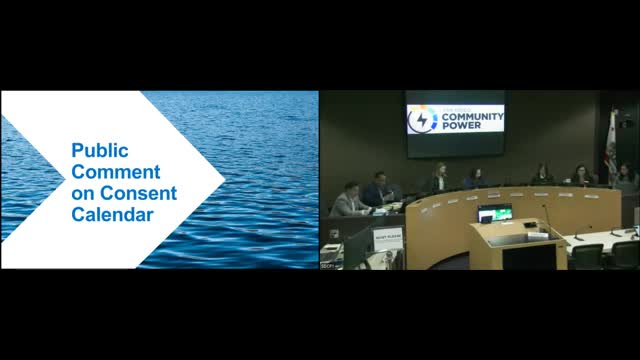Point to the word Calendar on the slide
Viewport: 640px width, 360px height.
[x=112, y=214]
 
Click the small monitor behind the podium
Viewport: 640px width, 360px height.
[x=495, y=213]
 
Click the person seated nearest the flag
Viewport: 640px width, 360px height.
[x=623, y=176]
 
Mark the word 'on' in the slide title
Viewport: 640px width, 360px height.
[x=83, y=193]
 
